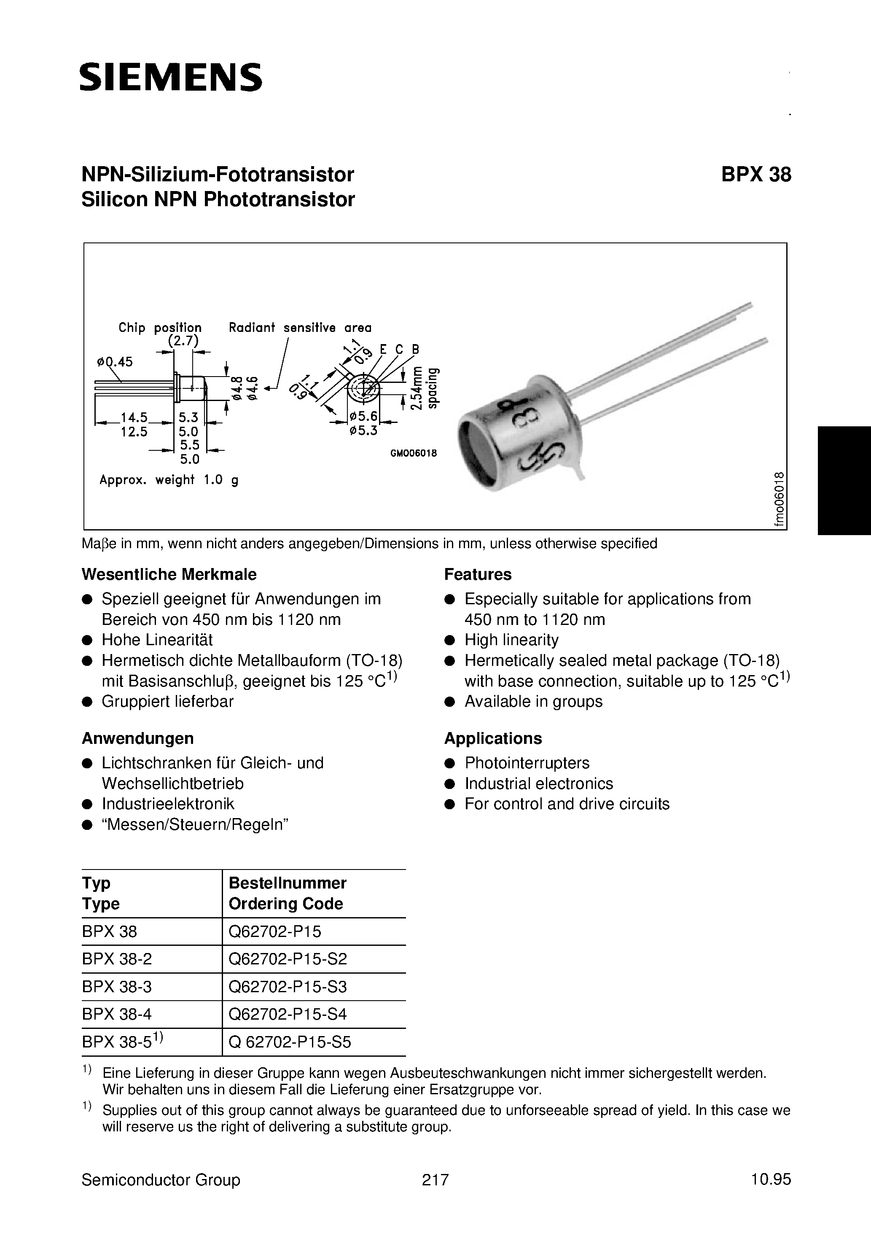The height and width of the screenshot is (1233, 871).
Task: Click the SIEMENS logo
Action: pos(171,77)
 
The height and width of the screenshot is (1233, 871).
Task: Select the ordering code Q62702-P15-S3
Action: pos(288,986)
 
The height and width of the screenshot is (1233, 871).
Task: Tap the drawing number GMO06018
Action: pos(414,453)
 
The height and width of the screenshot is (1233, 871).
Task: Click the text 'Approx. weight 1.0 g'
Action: pos(169,480)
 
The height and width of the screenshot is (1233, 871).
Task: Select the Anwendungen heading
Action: pos(137,738)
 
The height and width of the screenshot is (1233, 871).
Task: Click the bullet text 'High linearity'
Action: pos(511,640)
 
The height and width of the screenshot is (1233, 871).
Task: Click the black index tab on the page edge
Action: pos(844,480)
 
